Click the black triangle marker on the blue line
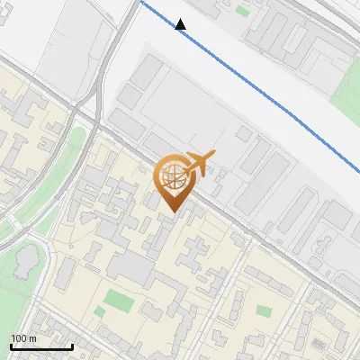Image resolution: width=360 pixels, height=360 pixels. pos(181,24)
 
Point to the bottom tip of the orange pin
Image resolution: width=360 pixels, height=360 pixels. pos(172,211)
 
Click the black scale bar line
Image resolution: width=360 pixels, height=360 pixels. pos(40,346)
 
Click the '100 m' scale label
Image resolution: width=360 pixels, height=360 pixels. pos(23,338)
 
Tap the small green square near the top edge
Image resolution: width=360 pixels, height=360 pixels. pos(243,12)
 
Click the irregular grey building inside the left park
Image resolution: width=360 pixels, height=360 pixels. pos(25,262)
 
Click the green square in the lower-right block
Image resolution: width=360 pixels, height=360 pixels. pos(264,310)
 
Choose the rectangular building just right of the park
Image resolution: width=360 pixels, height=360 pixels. pos(70,269)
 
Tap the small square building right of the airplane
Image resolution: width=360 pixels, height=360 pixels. pos(244,133)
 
